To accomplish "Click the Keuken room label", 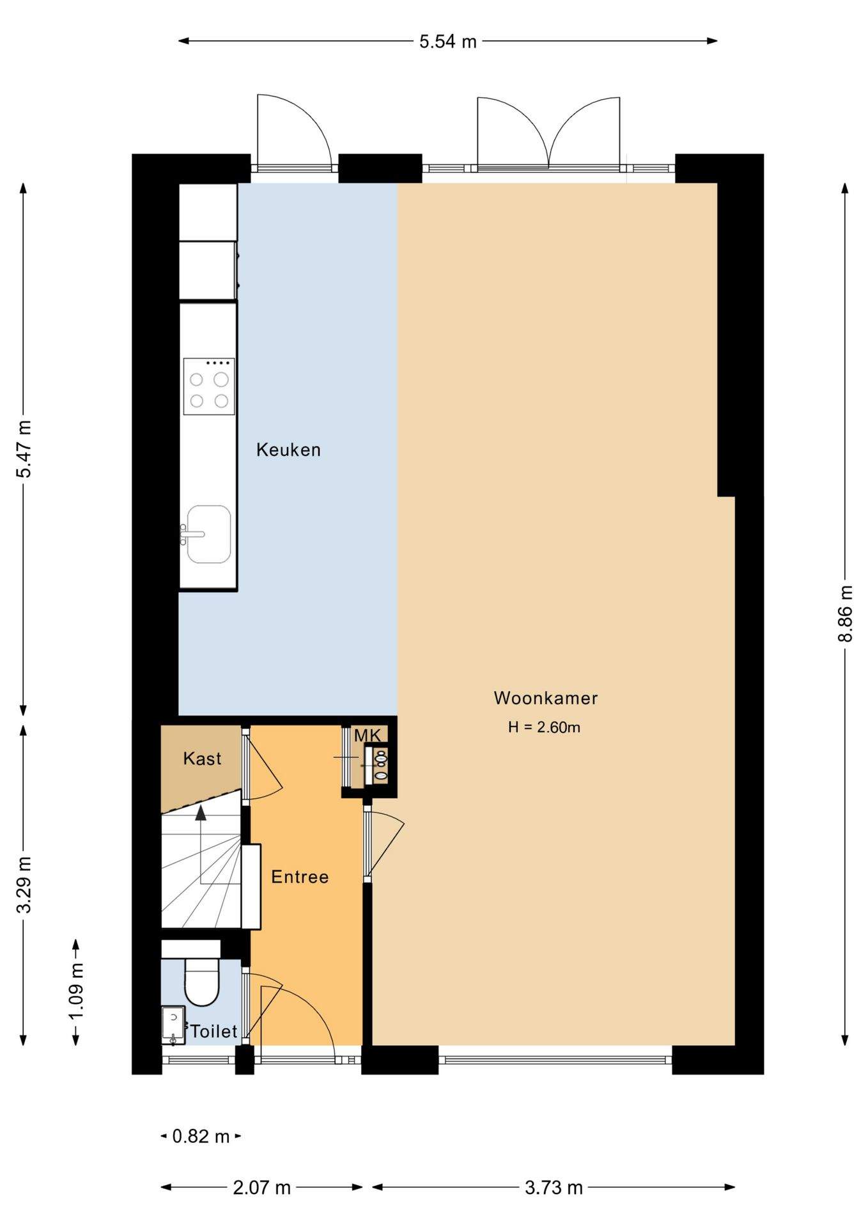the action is click(288, 450).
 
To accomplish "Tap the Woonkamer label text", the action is click(546, 698).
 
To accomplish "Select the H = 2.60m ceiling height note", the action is click(544, 727).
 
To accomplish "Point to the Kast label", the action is click(202, 759).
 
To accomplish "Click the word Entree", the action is click(300, 877).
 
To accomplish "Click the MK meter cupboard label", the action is click(368, 736).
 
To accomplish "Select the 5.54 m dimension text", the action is click(448, 42).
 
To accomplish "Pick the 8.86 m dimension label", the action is click(845, 613).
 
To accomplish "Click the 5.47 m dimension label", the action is click(24, 449).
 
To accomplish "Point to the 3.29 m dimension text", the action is click(24, 885).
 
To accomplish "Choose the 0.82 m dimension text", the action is click(201, 1137).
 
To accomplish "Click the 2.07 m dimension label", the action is click(262, 1188).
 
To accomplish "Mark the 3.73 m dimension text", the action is click(554, 1188).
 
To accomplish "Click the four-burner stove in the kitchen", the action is click(209, 386).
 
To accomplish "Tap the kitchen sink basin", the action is click(209, 534).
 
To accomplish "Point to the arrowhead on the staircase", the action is click(201, 812).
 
